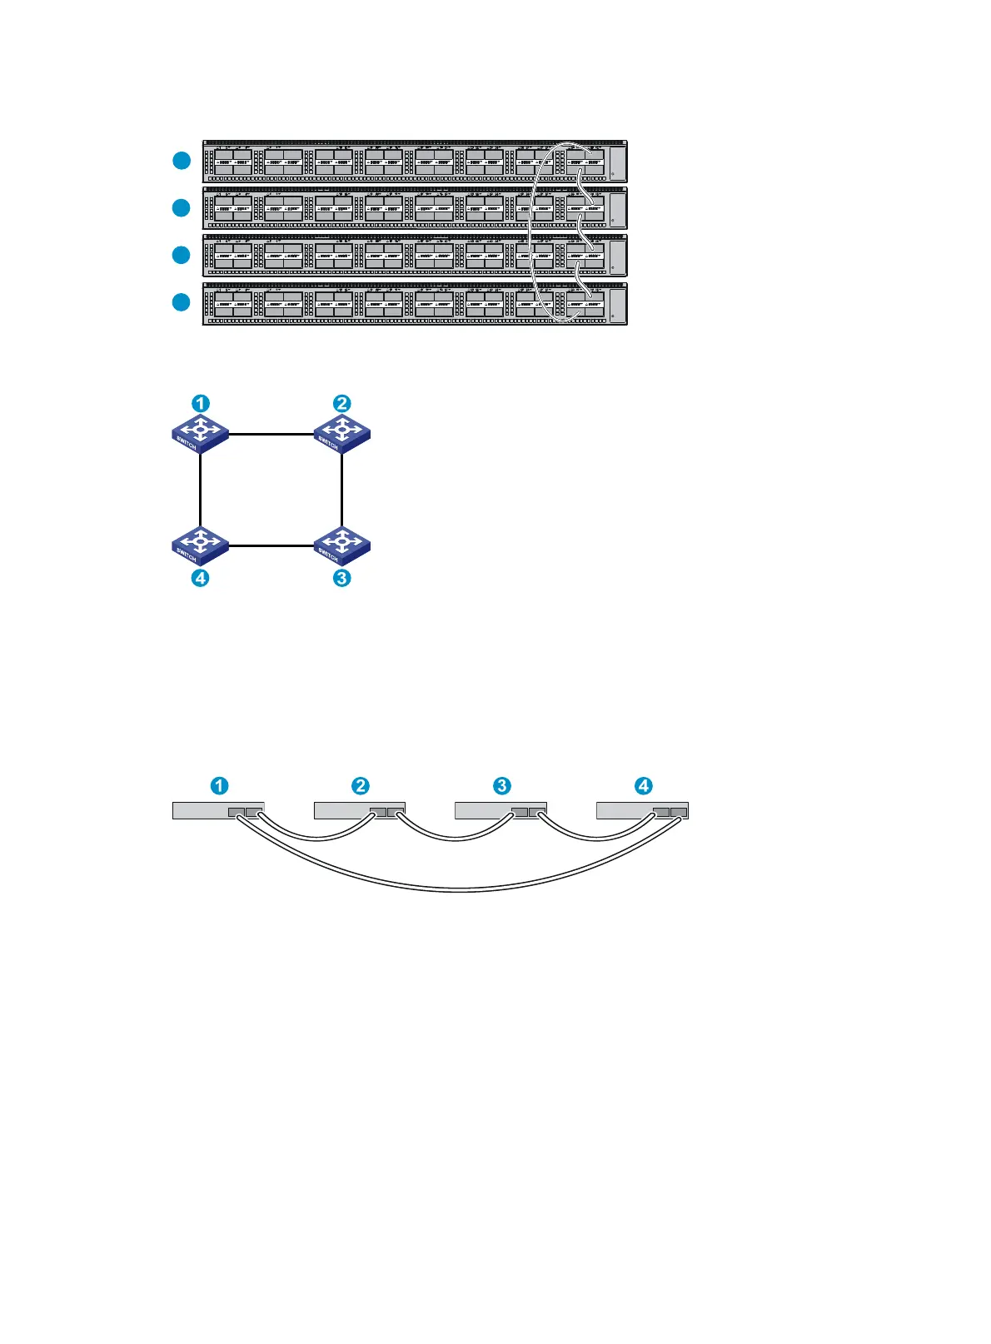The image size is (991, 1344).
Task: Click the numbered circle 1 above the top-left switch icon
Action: [201, 404]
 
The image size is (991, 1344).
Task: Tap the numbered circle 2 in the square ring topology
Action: [341, 404]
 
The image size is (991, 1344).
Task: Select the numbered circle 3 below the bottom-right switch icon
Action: [341, 577]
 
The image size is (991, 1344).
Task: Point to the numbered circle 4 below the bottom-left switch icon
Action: [201, 577]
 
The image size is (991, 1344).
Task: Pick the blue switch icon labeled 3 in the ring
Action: [341, 545]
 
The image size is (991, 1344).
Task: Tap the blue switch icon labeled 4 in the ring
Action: [200, 545]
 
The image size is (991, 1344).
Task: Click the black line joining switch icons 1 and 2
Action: [271, 434]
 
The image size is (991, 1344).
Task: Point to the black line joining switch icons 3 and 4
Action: [271, 546]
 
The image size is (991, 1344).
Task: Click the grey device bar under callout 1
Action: [200, 810]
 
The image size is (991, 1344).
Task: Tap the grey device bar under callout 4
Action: [625, 810]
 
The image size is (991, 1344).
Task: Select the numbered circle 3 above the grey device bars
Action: [501, 785]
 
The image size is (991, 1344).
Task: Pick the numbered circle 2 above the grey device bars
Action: [360, 785]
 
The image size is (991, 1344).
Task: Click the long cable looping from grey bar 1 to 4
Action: [462, 889]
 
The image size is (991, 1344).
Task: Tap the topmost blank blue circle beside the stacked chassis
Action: [182, 161]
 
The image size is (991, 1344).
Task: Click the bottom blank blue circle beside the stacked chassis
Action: [182, 302]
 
